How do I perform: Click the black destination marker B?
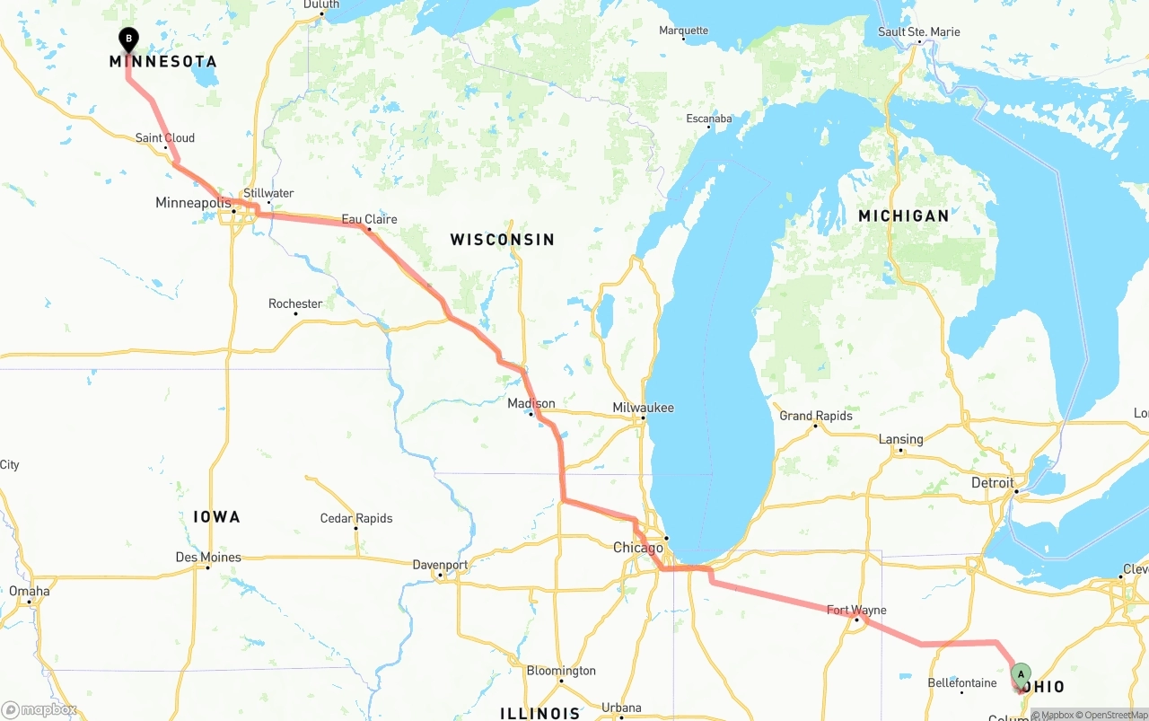click(x=129, y=39)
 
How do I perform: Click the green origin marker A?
click(x=1021, y=674)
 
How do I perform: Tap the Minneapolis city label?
click(x=194, y=203)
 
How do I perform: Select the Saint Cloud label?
click(x=165, y=138)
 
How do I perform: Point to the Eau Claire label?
click(x=369, y=219)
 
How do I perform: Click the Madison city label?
click(x=531, y=403)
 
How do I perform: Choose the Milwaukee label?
click(x=643, y=408)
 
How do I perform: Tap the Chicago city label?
click(x=638, y=548)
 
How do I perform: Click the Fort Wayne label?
click(x=856, y=611)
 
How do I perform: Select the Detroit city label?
click(x=992, y=482)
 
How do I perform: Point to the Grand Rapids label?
click(x=816, y=416)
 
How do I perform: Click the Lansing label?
click(x=900, y=439)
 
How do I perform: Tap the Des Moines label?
click(x=208, y=558)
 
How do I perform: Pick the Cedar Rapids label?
click(x=356, y=518)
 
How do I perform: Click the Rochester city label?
click(x=295, y=303)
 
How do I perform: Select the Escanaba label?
click(x=709, y=119)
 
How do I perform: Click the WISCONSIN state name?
click(x=503, y=240)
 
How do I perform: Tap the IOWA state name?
click(x=216, y=516)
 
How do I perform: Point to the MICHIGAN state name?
click(x=903, y=215)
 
